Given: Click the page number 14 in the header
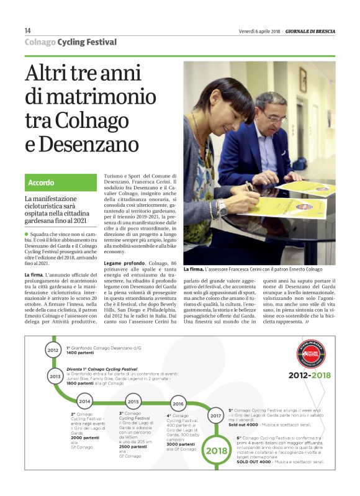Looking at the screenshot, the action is [28, 30].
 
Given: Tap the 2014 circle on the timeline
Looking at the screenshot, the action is [84, 402].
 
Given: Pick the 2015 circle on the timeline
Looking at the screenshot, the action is [133, 402].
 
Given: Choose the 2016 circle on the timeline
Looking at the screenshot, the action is [178, 404].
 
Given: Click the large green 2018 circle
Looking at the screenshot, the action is [217, 451].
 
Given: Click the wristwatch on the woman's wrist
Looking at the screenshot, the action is [221, 207].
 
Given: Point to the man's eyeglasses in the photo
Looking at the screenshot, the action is [274, 117].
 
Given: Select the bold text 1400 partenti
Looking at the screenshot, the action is [80, 352].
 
